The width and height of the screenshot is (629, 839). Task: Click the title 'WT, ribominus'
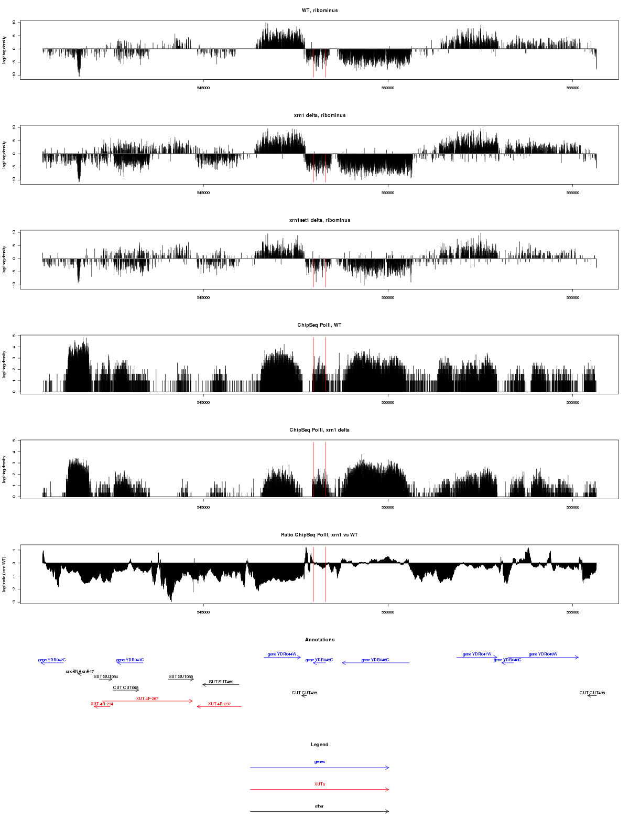(320, 10)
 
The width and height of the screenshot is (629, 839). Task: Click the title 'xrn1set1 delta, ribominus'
(320, 220)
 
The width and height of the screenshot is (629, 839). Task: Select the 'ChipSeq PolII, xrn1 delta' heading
(320, 430)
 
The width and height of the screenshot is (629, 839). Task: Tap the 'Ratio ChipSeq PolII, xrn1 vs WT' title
(320, 535)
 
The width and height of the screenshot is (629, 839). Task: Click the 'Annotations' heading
(320, 640)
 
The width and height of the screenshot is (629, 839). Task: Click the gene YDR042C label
(52, 660)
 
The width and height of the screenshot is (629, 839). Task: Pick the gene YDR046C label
(375, 660)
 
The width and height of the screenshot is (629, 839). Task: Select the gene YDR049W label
(543, 654)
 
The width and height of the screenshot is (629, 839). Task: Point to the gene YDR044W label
(282, 654)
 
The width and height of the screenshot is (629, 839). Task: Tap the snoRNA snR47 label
(80, 672)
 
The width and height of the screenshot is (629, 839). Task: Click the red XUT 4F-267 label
(147, 699)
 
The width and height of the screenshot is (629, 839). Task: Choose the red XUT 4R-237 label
(219, 704)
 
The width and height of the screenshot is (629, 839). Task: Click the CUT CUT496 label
(592, 693)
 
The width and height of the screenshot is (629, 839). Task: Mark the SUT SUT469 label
(221, 682)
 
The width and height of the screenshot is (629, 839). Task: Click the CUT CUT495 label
(305, 693)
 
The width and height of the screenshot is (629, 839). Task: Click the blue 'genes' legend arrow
(320, 768)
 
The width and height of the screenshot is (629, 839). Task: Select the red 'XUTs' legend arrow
(320, 789)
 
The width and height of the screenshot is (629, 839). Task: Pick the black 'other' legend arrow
(320, 811)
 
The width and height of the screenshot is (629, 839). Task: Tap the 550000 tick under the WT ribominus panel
(388, 88)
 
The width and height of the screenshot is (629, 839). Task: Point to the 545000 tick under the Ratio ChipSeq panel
(203, 612)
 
